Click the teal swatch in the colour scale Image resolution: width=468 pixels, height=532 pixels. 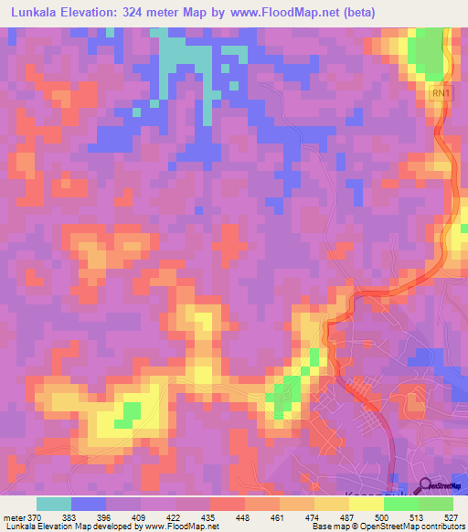coord(54,504)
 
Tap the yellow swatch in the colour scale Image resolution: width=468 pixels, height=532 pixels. coord(367,504)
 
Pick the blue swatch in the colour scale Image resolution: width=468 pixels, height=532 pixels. coord(89,504)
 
